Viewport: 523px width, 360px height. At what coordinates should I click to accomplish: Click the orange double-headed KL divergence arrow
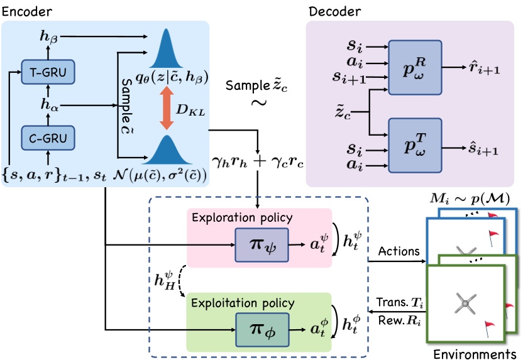[167, 108]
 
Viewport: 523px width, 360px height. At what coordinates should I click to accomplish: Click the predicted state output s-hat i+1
[483, 151]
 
